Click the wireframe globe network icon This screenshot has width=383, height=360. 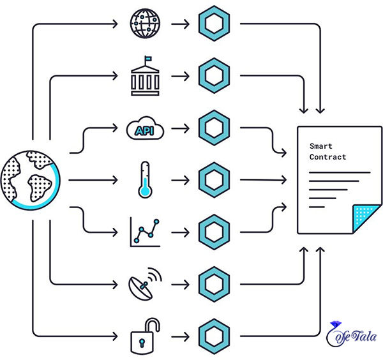coord(145,24)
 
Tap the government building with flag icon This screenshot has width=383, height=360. coord(145,76)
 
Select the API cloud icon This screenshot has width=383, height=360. coord(145,128)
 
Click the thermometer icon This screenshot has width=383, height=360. coord(145,180)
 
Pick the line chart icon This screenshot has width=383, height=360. coord(145,232)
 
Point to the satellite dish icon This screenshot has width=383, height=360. coord(145,284)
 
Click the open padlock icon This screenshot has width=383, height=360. coord(145,336)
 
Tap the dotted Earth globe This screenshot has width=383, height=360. coord(30,180)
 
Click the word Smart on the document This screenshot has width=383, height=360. coord(320,146)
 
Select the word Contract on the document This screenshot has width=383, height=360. coord(327,157)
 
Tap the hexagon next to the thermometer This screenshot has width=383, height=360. coord(214,180)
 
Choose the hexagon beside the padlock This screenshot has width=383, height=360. coord(214,336)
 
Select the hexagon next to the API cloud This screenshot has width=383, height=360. coord(214,128)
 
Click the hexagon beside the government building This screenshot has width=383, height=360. coord(214,76)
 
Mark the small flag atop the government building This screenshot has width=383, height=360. coord(148,59)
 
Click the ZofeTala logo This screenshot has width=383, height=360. coord(351,334)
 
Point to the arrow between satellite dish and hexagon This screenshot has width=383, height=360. coord(180,285)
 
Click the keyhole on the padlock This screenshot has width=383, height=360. coord(142,342)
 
